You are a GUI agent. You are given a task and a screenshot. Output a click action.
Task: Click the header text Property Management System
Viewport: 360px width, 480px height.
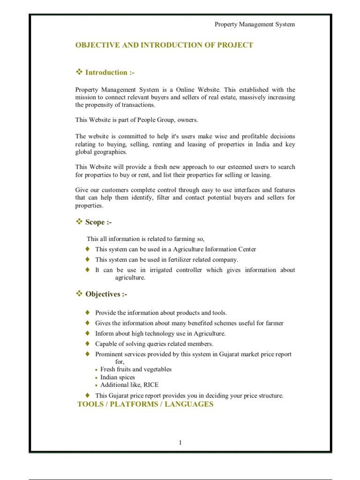pos(255,24)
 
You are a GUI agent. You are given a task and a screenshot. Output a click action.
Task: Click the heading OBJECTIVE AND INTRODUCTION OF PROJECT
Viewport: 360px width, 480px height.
pos(164,45)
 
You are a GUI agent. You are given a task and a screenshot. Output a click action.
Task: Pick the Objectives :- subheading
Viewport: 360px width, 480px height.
pos(106,294)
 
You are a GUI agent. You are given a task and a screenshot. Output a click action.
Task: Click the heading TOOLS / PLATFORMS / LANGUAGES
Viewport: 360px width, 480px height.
pos(145,404)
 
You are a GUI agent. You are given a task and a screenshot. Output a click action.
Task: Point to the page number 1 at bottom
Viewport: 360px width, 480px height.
pos(180,443)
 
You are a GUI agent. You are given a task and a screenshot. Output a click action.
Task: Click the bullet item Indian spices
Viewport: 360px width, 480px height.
pos(118,377)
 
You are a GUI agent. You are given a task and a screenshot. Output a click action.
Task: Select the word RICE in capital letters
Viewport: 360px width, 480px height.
pos(151,385)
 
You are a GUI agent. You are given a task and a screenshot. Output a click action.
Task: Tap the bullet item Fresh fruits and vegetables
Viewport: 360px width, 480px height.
pos(136,369)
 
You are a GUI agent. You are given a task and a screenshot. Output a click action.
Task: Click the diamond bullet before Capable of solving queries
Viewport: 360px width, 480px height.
pos(87,344)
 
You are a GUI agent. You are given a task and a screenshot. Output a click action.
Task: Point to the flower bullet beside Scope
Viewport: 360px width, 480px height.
pos(79,222)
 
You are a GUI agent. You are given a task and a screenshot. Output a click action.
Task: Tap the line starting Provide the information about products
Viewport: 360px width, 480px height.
pos(161,313)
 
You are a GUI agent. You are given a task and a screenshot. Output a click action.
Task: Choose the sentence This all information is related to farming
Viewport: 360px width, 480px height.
pos(146,239)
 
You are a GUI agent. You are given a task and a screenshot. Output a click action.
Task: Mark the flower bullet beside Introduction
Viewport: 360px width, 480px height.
pos(79,72)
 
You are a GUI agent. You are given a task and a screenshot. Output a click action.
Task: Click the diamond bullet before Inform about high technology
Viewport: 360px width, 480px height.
pos(87,333)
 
